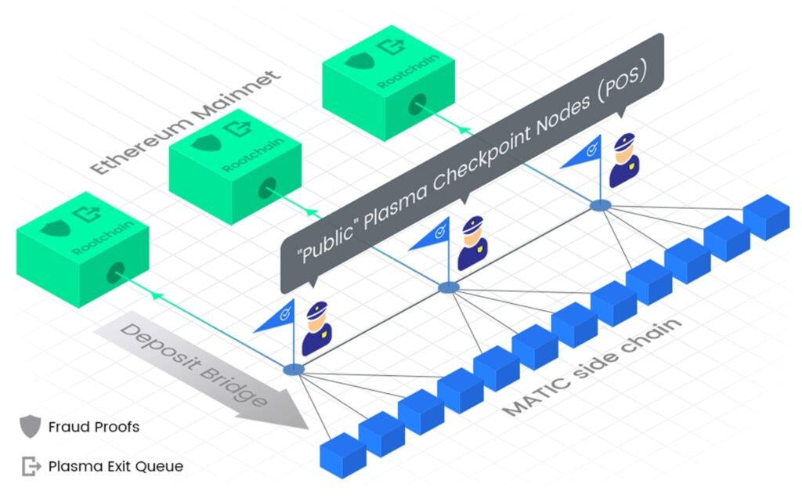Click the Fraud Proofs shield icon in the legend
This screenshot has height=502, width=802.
[x=31, y=426]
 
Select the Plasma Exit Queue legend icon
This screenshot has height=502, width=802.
[x=31, y=466]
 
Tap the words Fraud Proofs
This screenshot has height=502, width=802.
[x=94, y=427]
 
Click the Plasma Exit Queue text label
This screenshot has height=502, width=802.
[x=116, y=466]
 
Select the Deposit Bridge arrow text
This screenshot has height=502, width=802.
[x=193, y=364]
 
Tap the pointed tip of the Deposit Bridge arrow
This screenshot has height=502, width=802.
[x=308, y=428]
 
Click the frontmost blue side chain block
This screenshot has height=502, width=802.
[x=343, y=456]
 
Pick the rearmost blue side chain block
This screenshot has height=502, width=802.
[x=766, y=217]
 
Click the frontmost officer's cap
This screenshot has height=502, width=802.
[x=316, y=309]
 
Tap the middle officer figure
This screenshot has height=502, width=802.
[x=472, y=243]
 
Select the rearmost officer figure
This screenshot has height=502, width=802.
[x=624, y=160]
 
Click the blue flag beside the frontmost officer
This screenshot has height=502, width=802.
[x=277, y=318]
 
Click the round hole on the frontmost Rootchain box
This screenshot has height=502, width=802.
[x=116, y=273]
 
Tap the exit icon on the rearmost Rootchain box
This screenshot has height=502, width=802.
[x=391, y=46]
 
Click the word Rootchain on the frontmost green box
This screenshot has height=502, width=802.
[x=103, y=237]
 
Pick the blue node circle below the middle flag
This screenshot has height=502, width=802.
[x=449, y=287]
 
